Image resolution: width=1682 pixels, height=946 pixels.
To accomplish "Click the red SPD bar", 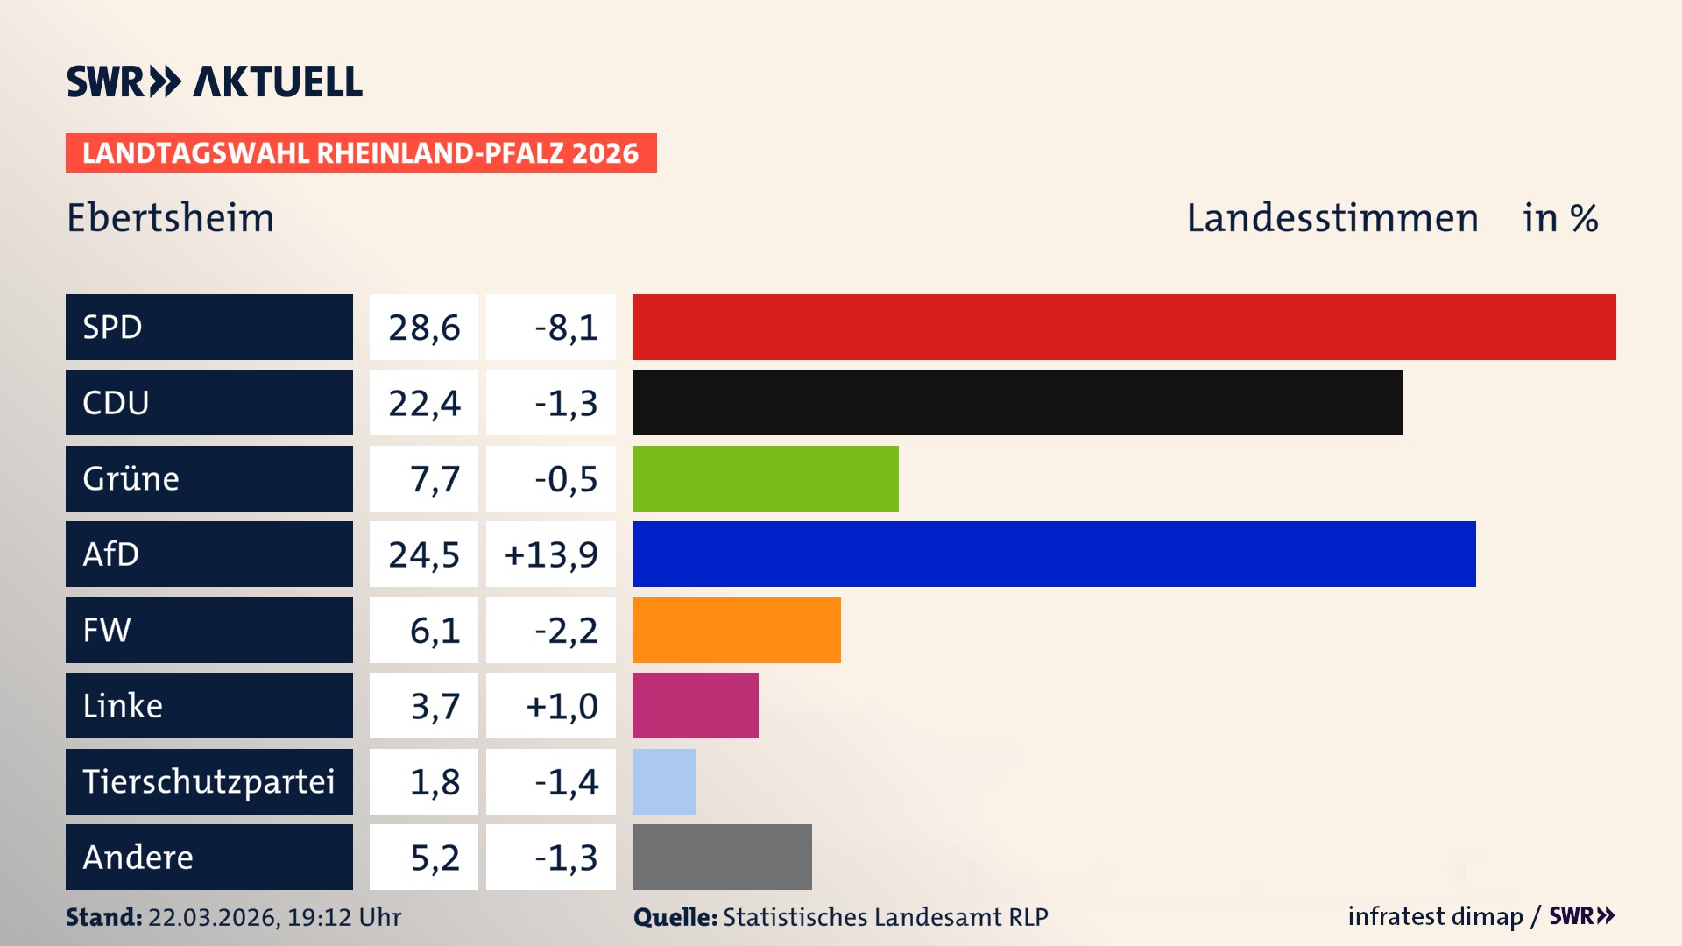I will click(1124, 327).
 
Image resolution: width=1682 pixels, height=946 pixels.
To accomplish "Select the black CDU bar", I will click(1017, 402).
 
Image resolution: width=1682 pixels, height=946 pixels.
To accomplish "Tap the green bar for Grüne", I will click(765, 478).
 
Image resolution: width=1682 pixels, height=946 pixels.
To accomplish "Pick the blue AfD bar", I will click(1054, 554).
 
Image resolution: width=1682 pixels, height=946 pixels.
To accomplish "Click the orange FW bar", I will click(736, 630).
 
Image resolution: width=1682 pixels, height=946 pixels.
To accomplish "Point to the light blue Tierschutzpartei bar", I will click(663, 781).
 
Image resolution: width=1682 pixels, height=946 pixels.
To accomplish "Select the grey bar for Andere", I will click(722, 857).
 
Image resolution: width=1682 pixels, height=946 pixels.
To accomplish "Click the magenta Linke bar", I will click(695, 705).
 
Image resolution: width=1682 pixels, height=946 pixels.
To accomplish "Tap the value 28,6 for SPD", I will click(424, 328).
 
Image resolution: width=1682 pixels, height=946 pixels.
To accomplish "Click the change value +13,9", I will click(551, 554).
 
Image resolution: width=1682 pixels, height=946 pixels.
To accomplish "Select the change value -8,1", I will click(566, 328).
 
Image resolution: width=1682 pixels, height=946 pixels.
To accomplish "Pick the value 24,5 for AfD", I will click(424, 554).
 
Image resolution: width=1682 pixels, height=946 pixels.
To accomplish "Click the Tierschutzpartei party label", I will click(208, 781).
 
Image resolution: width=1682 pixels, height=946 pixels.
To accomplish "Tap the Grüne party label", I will click(131, 478).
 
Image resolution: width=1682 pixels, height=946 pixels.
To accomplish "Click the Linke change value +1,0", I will click(562, 706).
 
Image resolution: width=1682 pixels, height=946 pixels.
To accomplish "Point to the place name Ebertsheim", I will click(171, 217).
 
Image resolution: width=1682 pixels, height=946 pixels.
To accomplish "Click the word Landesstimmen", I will click(1332, 217).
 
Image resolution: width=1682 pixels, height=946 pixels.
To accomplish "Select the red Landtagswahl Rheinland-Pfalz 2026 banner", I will click(361, 152).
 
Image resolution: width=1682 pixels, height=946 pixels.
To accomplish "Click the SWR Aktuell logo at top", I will click(215, 81).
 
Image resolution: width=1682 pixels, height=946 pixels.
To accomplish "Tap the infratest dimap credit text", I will click(1434, 916).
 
